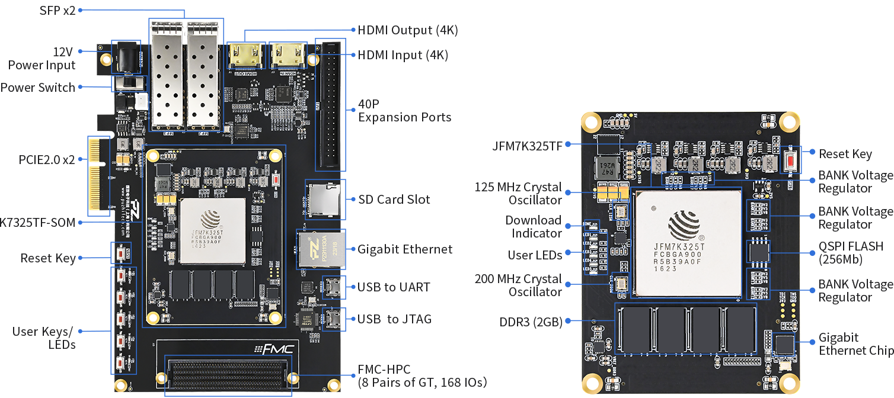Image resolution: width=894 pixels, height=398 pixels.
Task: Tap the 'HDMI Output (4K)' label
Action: tap(407, 30)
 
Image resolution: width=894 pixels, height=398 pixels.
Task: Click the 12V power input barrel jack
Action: tap(126, 59)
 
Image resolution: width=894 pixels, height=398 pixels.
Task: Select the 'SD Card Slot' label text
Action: tap(394, 199)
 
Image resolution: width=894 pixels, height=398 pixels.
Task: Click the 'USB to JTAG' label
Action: tap(394, 319)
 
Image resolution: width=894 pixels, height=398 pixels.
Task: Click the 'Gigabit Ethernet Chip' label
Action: tap(855, 344)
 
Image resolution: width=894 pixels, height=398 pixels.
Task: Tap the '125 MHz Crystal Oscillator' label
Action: tap(518, 194)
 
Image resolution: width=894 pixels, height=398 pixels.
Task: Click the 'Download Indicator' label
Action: tap(533, 227)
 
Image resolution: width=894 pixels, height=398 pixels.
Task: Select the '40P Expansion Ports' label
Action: tap(405, 111)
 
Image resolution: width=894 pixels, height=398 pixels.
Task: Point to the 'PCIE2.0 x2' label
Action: tap(46, 159)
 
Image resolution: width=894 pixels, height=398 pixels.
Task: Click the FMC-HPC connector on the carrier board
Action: tap(228, 375)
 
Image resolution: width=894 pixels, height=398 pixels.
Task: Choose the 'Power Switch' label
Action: tap(38, 88)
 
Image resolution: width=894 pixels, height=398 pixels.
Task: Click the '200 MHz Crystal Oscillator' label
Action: tap(518, 285)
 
